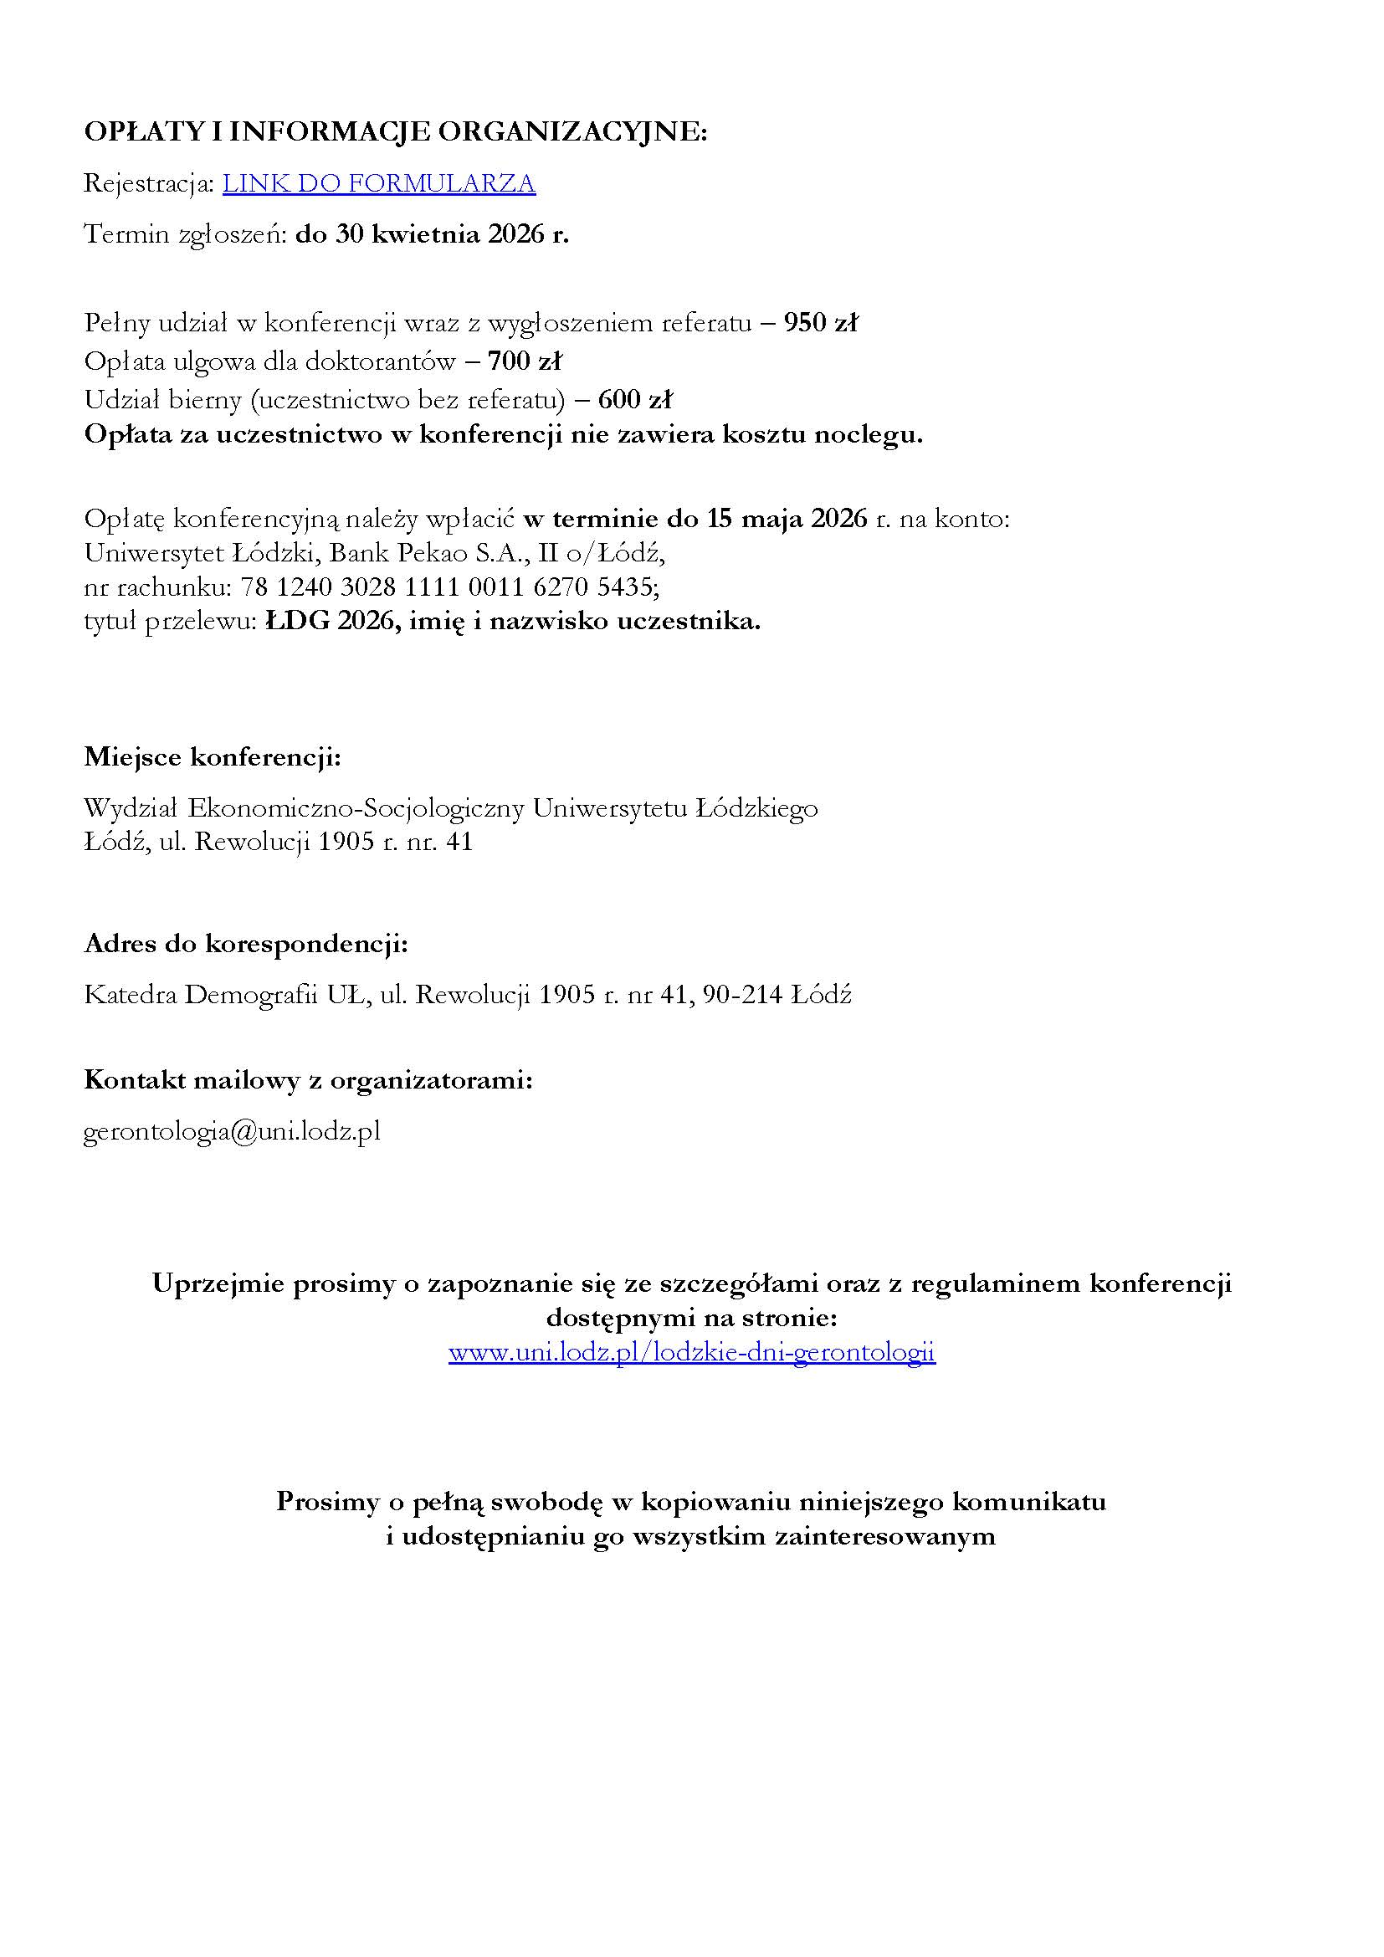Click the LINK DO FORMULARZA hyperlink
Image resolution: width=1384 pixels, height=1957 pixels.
point(379,183)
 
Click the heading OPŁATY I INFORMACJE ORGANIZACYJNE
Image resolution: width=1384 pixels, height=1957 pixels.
point(396,132)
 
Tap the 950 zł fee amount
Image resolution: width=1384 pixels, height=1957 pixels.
point(820,323)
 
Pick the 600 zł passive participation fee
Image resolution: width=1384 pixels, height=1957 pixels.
point(635,399)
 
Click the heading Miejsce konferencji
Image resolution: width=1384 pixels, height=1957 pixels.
point(213,757)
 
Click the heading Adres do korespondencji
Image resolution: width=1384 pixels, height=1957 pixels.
point(245,944)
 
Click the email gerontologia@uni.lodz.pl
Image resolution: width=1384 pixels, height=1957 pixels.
point(232,1131)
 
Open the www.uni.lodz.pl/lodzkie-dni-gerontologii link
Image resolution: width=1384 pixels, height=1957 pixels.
point(691,1353)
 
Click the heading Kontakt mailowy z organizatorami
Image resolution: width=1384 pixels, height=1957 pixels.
point(309,1080)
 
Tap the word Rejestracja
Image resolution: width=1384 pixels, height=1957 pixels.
point(148,183)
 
